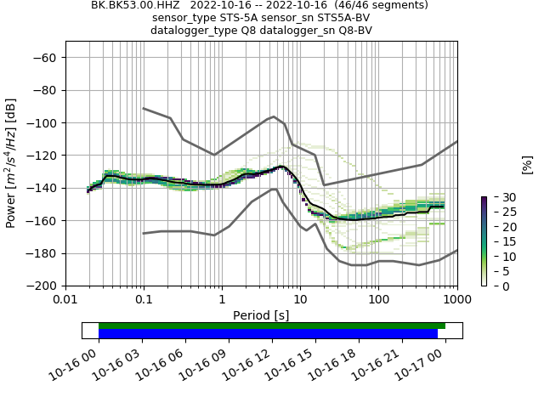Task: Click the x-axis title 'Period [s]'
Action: (261, 314)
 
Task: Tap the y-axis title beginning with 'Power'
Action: (11, 163)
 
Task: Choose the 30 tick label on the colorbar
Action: (498, 197)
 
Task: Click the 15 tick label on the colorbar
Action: (498, 241)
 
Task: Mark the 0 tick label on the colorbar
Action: (495, 286)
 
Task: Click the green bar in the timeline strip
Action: (272, 326)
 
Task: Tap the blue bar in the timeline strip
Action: (268, 334)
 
